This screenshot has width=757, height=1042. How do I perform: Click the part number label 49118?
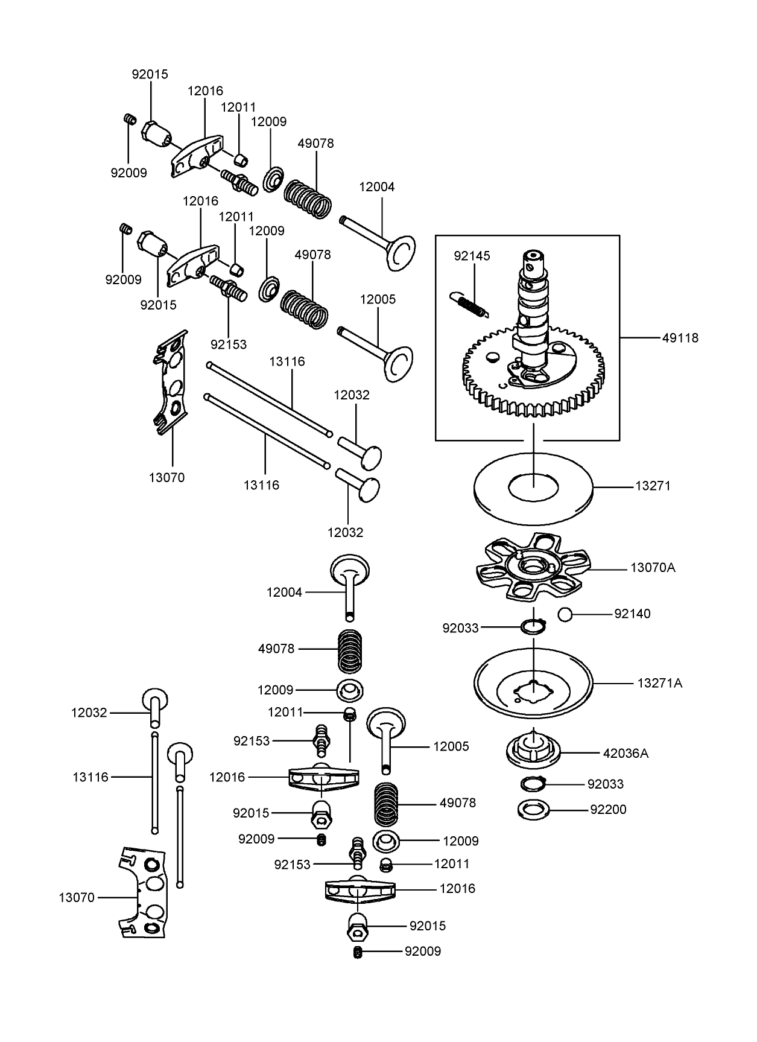680,338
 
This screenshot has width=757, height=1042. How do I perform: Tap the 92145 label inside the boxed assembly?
472,256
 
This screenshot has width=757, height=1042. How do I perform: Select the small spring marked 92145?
470,303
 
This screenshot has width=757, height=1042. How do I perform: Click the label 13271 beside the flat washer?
653,486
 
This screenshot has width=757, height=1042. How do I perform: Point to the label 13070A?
653,568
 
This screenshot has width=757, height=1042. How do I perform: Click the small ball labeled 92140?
565,614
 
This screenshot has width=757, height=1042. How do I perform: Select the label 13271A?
659,683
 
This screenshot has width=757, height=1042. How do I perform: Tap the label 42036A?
626,753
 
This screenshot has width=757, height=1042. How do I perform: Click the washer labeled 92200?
534,809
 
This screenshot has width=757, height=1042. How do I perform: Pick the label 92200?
608,810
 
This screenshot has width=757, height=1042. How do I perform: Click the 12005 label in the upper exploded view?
378,299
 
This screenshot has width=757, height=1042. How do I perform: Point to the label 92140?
632,614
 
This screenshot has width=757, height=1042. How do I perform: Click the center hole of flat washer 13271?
533,488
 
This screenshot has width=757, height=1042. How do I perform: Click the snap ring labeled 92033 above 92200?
533,784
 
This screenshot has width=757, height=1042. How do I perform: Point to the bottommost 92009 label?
422,951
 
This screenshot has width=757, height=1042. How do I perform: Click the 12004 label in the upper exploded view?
376,187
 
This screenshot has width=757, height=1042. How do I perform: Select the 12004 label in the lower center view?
284,592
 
